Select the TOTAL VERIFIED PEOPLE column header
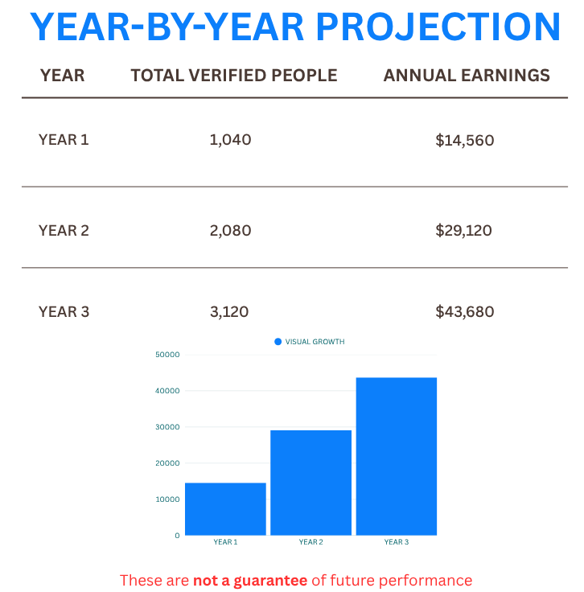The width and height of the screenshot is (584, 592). (x=234, y=76)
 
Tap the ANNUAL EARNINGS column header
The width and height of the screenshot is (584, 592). (x=467, y=76)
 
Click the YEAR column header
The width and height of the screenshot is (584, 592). (x=62, y=76)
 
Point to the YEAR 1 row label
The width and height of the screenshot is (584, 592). (x=64, y=139)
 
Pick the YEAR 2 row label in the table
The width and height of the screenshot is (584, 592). (x=64, y=230)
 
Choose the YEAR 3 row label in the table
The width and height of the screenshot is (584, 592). (x=64, y=311)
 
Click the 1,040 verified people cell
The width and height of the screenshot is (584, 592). (x=230, y=139)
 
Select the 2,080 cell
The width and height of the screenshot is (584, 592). (x=230, y=230)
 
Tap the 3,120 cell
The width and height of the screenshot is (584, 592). (x=230, y=311)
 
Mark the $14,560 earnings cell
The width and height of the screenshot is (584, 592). (x=464, y=140)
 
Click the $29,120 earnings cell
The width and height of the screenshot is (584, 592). (x=464, y=230)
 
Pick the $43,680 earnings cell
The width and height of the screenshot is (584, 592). (x=464, y=311)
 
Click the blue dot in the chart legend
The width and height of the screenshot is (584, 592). (x=278, y=342)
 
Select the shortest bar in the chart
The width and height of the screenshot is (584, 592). (x=225, y=508)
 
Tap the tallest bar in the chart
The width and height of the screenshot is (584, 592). (x=397, y=456)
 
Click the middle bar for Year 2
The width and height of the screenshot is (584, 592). (x=311, y=482)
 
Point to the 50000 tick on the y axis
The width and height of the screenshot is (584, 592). (x=168, y=355)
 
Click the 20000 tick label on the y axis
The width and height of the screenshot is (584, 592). (x=168, y=463)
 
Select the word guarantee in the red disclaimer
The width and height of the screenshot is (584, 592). (x=269, y=580)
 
